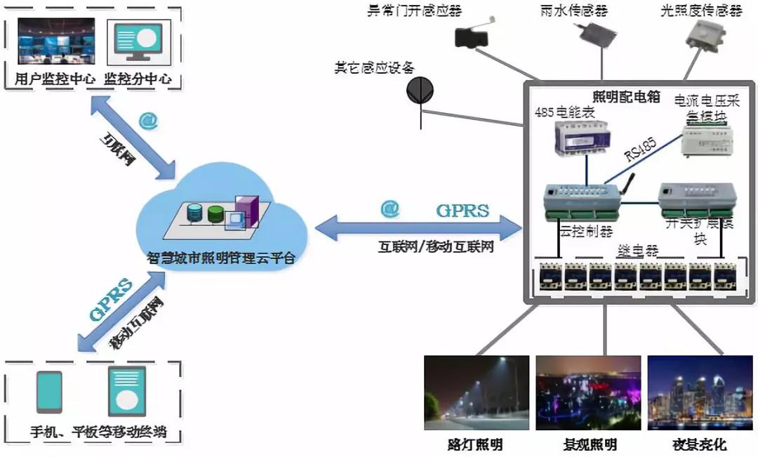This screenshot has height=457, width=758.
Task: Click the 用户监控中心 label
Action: click(55, 79)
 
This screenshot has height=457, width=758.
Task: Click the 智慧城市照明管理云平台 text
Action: click(222, 258)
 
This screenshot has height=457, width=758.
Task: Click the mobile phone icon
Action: click(49, 392)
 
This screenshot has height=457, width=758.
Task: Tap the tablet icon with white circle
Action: click(126, 392)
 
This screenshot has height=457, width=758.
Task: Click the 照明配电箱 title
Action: click(626, 98)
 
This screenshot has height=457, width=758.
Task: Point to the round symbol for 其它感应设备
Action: click(420, 89)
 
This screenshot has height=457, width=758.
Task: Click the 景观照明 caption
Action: click(590, 444)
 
